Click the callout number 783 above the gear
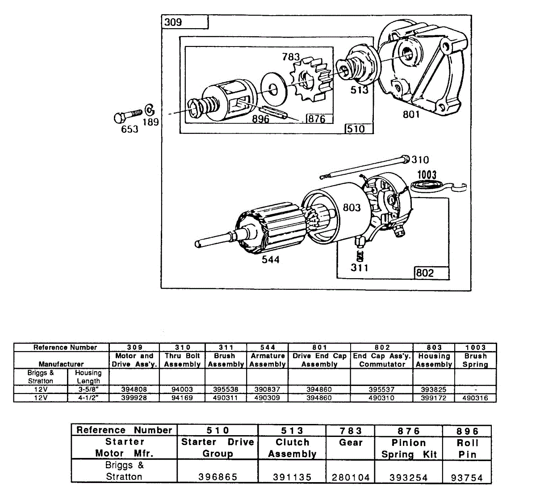click(291, 57)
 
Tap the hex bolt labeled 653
click(127, 117)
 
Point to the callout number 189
click(151, 121)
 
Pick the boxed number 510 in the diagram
click(356, 129)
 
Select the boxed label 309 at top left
click(173, 22)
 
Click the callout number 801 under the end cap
click(411, 114)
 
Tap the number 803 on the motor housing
click(352, 208)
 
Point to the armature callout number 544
click(271, 260)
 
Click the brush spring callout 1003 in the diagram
click(427, 174)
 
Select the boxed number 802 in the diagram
click(425, 272)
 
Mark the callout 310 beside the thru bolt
click(420, 160)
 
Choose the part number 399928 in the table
click(134, 398)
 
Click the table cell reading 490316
click(475, 398)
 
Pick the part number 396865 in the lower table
click(218, 477)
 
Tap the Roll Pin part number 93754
click(467, 478)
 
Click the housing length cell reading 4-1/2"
click(88, 398)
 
